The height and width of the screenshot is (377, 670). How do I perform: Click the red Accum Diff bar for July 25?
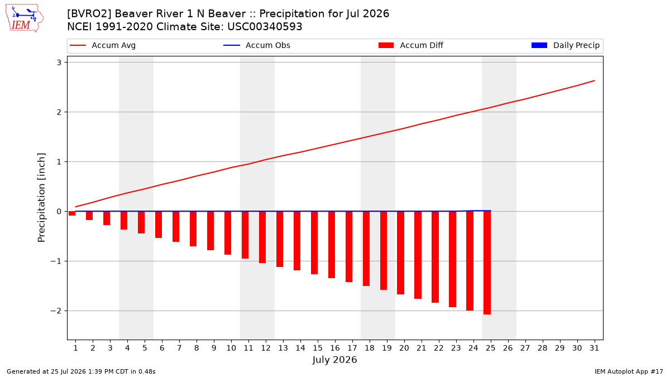pos(487,263)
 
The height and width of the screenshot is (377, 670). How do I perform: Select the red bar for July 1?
pos(72,213)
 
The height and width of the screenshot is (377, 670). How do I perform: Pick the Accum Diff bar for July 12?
pos(262,237)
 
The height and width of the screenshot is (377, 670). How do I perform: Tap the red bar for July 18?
pos(366,249)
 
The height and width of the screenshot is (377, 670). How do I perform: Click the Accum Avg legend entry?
pos(103,45)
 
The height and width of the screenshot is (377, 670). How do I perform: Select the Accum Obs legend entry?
pos(257,45)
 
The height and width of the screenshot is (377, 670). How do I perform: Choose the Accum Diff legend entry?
pos(411,45)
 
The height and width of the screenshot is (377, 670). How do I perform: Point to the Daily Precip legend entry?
pos(565,45)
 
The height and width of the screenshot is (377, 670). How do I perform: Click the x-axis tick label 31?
pos(594,348)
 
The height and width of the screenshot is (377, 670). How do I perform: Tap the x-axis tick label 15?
pos(318,348)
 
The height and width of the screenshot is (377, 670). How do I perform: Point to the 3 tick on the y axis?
pos(59,63)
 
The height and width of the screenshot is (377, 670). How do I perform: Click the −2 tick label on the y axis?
pos(56,311)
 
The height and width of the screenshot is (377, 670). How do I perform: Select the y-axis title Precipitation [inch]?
pos(41,198)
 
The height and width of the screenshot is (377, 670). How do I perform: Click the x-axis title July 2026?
pos(334,360)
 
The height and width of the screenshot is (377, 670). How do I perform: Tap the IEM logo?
pos(25,18)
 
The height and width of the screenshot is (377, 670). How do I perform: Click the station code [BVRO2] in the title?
pos(89,14)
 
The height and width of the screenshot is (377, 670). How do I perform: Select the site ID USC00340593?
pos(265,27)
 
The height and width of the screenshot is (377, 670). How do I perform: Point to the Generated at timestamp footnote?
pos(81,371)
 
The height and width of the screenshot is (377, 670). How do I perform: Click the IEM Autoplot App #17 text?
pos(629,371)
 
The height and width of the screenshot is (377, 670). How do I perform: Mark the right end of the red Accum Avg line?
pos(595,80)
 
